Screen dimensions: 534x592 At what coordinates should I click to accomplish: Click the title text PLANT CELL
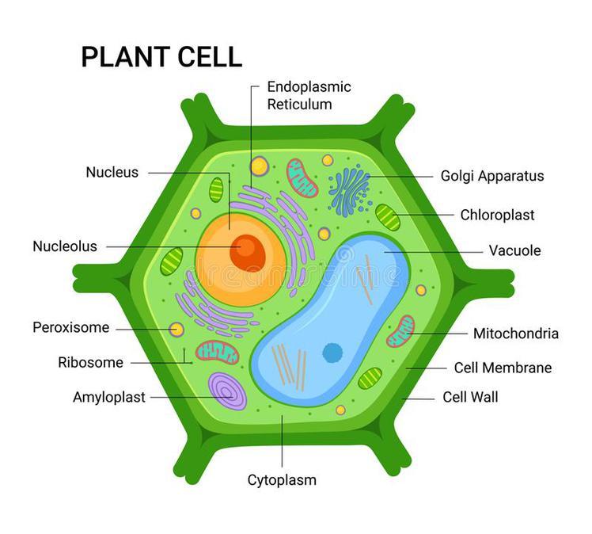[161, 57]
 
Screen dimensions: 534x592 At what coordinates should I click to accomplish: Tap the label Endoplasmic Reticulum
[309, 95]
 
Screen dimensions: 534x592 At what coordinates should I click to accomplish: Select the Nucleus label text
[112, 172]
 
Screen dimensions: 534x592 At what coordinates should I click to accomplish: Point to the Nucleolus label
[65, 246]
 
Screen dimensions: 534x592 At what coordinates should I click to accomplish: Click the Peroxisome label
[71, 327]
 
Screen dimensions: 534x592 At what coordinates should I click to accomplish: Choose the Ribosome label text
[90, 363]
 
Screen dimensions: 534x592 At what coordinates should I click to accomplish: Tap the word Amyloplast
[109, 397]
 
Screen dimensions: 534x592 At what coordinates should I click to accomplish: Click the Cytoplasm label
[282, 480]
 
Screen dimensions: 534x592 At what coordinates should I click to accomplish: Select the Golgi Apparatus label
[492, 176]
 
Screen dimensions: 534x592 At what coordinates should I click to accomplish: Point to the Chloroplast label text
[497, 215]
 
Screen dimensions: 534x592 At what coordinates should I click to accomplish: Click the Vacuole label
[514, 250]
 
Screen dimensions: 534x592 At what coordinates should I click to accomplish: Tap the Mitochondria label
[515, 334]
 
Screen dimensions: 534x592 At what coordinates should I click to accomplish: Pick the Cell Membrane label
[503, 368]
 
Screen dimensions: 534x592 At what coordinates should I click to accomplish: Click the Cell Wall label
[470, 397]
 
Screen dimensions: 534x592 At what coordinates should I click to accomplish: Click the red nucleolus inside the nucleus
[247, 252]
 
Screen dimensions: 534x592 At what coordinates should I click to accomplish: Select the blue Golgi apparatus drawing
[349, 191]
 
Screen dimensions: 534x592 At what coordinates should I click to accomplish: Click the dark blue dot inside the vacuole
[332, 352]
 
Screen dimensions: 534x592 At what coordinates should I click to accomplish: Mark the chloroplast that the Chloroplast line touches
[387, 216]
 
